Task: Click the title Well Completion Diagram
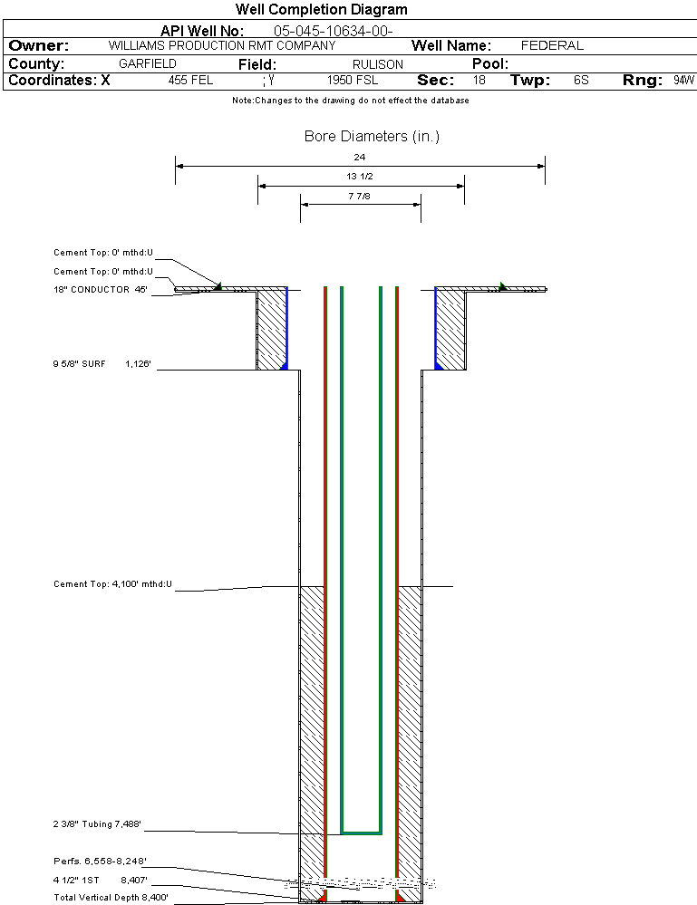tap(321, 10)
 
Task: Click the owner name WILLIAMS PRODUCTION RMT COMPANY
tap(221, 45)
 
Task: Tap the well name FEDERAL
tap(552, 45)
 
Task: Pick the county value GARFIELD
tap(148, 64)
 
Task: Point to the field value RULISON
tap(378, 64)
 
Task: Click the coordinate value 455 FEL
tap(190, 81)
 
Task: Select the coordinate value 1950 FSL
tap(353, 81)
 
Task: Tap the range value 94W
tap(683, 81)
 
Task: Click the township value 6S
tap(581, 81)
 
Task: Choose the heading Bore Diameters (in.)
tap(372, 137)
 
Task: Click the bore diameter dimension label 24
tap(360, 158)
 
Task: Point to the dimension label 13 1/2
tap(360, 177)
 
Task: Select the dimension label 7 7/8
tap(360, 195)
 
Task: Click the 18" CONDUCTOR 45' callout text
tap(101, 290)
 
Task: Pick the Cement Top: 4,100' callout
tap(112, 584)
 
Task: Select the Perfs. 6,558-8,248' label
tap(100, 861)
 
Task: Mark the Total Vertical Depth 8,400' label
tap(111, 897)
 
